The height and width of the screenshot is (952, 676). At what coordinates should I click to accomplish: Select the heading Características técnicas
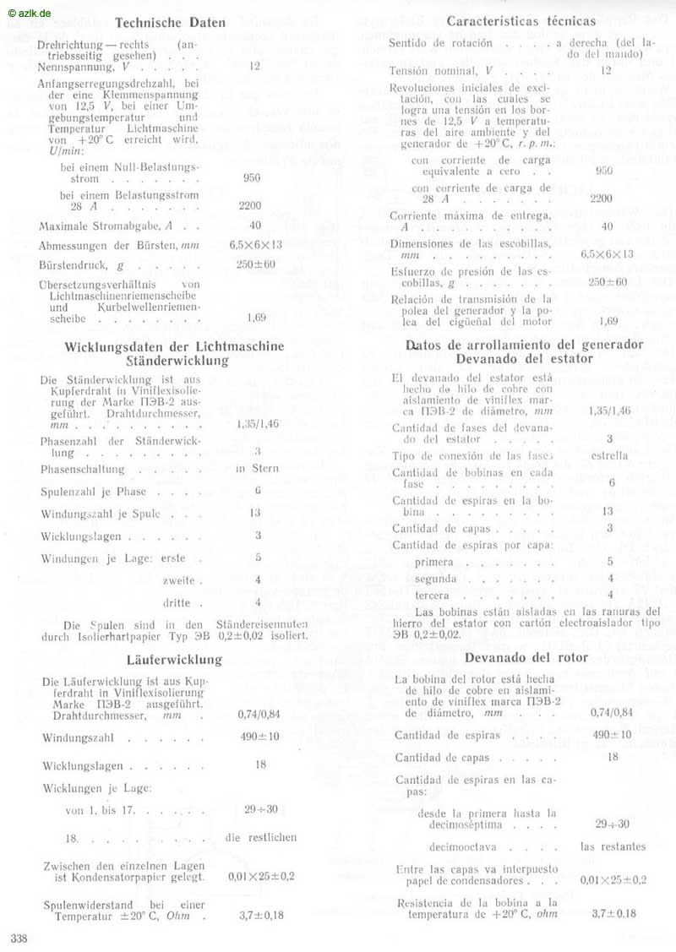coord(521,20)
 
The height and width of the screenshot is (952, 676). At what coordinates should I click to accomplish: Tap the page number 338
coord(19,938)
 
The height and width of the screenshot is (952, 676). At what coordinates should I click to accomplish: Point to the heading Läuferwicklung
coord(174,659)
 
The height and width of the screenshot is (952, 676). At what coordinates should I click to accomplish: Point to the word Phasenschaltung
coord(82,469)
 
